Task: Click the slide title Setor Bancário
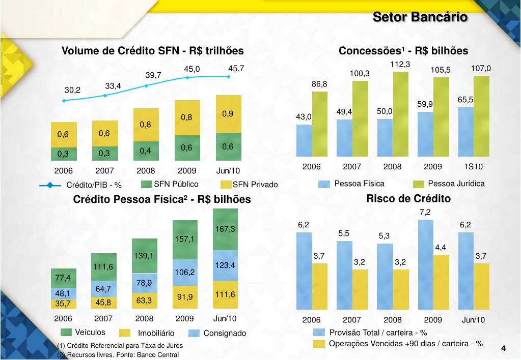pos(420,17)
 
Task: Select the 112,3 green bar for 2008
pos(401,114)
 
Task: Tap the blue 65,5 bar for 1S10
pos(466,132)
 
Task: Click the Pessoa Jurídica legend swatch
pos(419,184)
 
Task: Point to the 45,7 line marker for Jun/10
pos(229,77)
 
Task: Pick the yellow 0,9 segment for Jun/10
pos(228,114)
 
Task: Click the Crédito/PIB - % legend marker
pos(50,185)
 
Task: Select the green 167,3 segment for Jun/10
pos(225,229)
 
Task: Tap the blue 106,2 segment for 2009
pos(185,272)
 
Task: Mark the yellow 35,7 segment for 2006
pos(64,304)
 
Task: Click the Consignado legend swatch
pos(195,334)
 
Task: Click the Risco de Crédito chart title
pos(408,198)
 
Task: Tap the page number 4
pos(503,348)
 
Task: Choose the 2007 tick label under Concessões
pos(352,167)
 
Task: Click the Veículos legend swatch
pos(66,333)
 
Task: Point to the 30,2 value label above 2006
pos(72,90)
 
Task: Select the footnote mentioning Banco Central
pos(118,354)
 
